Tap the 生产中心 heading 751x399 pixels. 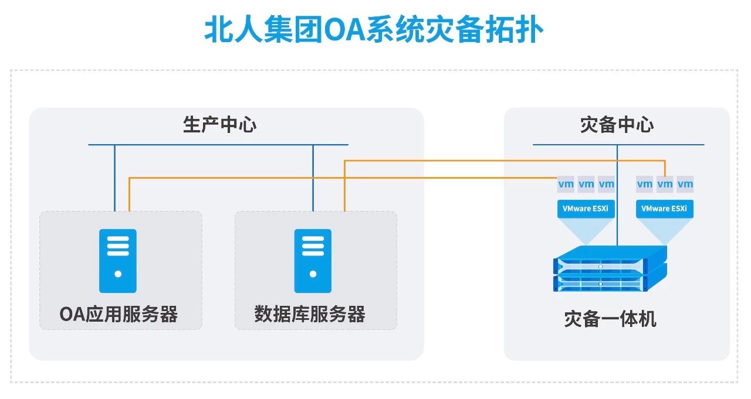coord(219,125)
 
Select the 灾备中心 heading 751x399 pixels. coord(617,125)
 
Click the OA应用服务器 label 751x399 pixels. coord(119,315)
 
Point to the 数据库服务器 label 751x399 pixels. coord(310,315)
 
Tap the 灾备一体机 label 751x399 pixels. coord(610,319)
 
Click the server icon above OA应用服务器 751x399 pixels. coord(118,261)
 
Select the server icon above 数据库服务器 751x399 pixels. coord(313,261)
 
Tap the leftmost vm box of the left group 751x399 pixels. coord(566,184)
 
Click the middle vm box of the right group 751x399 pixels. coord(665,184)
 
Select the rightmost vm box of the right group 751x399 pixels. coord(685,184)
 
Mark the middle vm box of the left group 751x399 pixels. coord(586,184)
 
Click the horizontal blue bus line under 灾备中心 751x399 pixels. coord(618,145)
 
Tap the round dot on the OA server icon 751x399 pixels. coord(118,274)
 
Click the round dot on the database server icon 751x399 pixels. coord(313,274)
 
